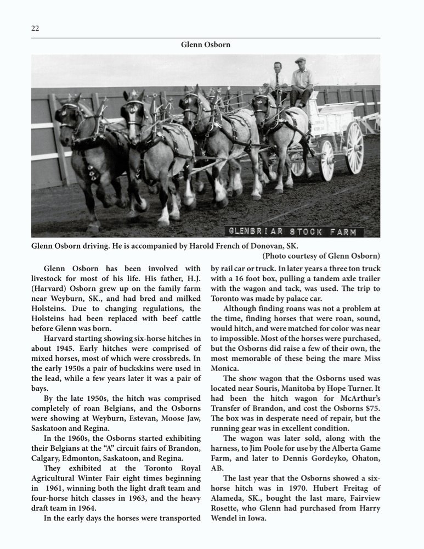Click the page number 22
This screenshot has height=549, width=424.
35,29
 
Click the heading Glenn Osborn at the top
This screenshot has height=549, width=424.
206,44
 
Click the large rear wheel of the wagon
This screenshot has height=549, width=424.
354,148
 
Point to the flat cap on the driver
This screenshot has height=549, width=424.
300,60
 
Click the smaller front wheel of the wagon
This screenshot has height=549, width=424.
327,160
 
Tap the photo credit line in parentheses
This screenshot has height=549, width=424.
321,256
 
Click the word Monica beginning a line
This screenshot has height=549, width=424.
225,368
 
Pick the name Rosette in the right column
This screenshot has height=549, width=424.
226,508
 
